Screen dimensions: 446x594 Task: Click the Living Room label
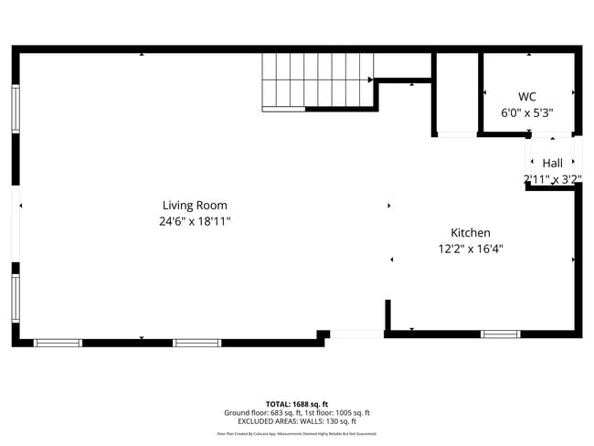click(195, 206)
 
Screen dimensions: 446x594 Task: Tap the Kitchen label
click(471, 233)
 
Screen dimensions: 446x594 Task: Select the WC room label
click(527, 97)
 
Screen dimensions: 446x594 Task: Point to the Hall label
click(553, 164)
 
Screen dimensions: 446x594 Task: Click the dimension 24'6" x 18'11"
click(195, 221)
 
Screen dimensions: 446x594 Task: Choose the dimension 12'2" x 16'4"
click(471, 249)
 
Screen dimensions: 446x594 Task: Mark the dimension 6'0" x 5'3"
click(527, 112)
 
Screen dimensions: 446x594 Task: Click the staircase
click(317, 81)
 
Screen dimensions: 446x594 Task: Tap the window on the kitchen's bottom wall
click(500, 334)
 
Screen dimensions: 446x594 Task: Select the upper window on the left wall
click(15, 109)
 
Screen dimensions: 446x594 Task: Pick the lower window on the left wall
click(15, 298)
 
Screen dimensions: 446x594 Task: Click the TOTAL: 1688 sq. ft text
click(297, 404)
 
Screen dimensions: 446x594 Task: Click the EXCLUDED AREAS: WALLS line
click(297, 421)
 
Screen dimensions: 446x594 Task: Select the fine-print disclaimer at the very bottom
click(297, 434)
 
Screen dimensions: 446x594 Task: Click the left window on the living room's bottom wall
click(58, 343)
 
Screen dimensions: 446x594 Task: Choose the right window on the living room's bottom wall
click(197, 343)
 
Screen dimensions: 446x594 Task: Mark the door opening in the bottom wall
click(357, 334)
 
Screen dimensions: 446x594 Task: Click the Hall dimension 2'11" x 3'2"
click(553, 179)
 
